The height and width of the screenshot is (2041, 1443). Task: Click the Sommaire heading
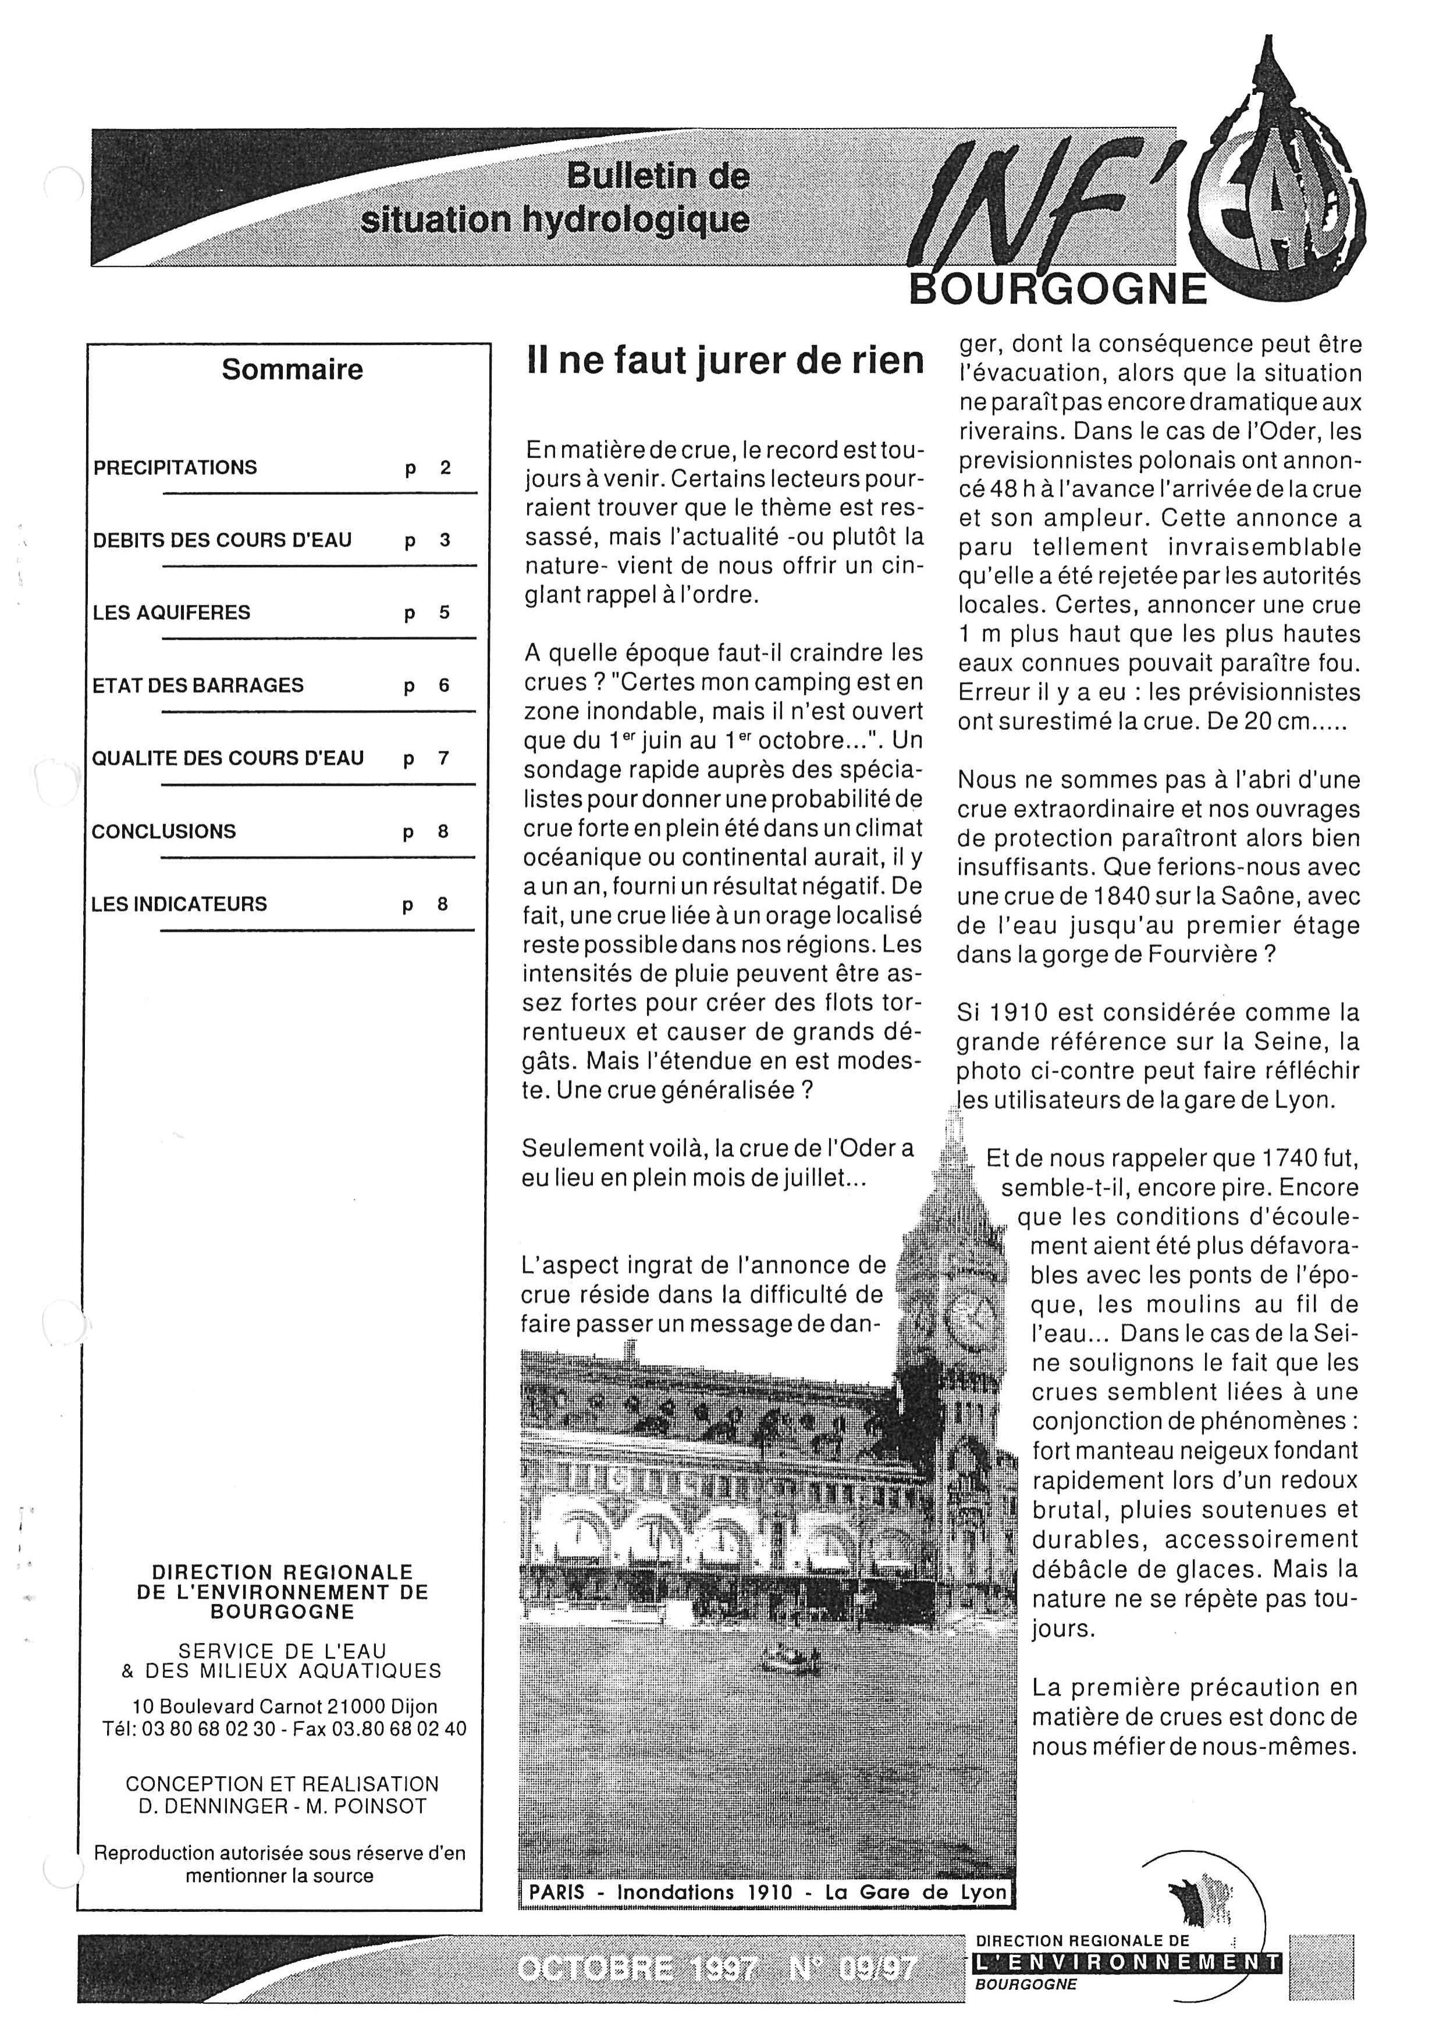[292, 369]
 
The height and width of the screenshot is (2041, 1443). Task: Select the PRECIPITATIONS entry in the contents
[175, 467]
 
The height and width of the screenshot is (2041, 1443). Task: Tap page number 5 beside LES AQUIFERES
[445, 612]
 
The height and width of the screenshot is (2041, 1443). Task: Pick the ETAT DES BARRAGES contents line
[198, 686]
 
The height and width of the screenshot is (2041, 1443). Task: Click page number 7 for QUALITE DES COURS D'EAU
[443, 758]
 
